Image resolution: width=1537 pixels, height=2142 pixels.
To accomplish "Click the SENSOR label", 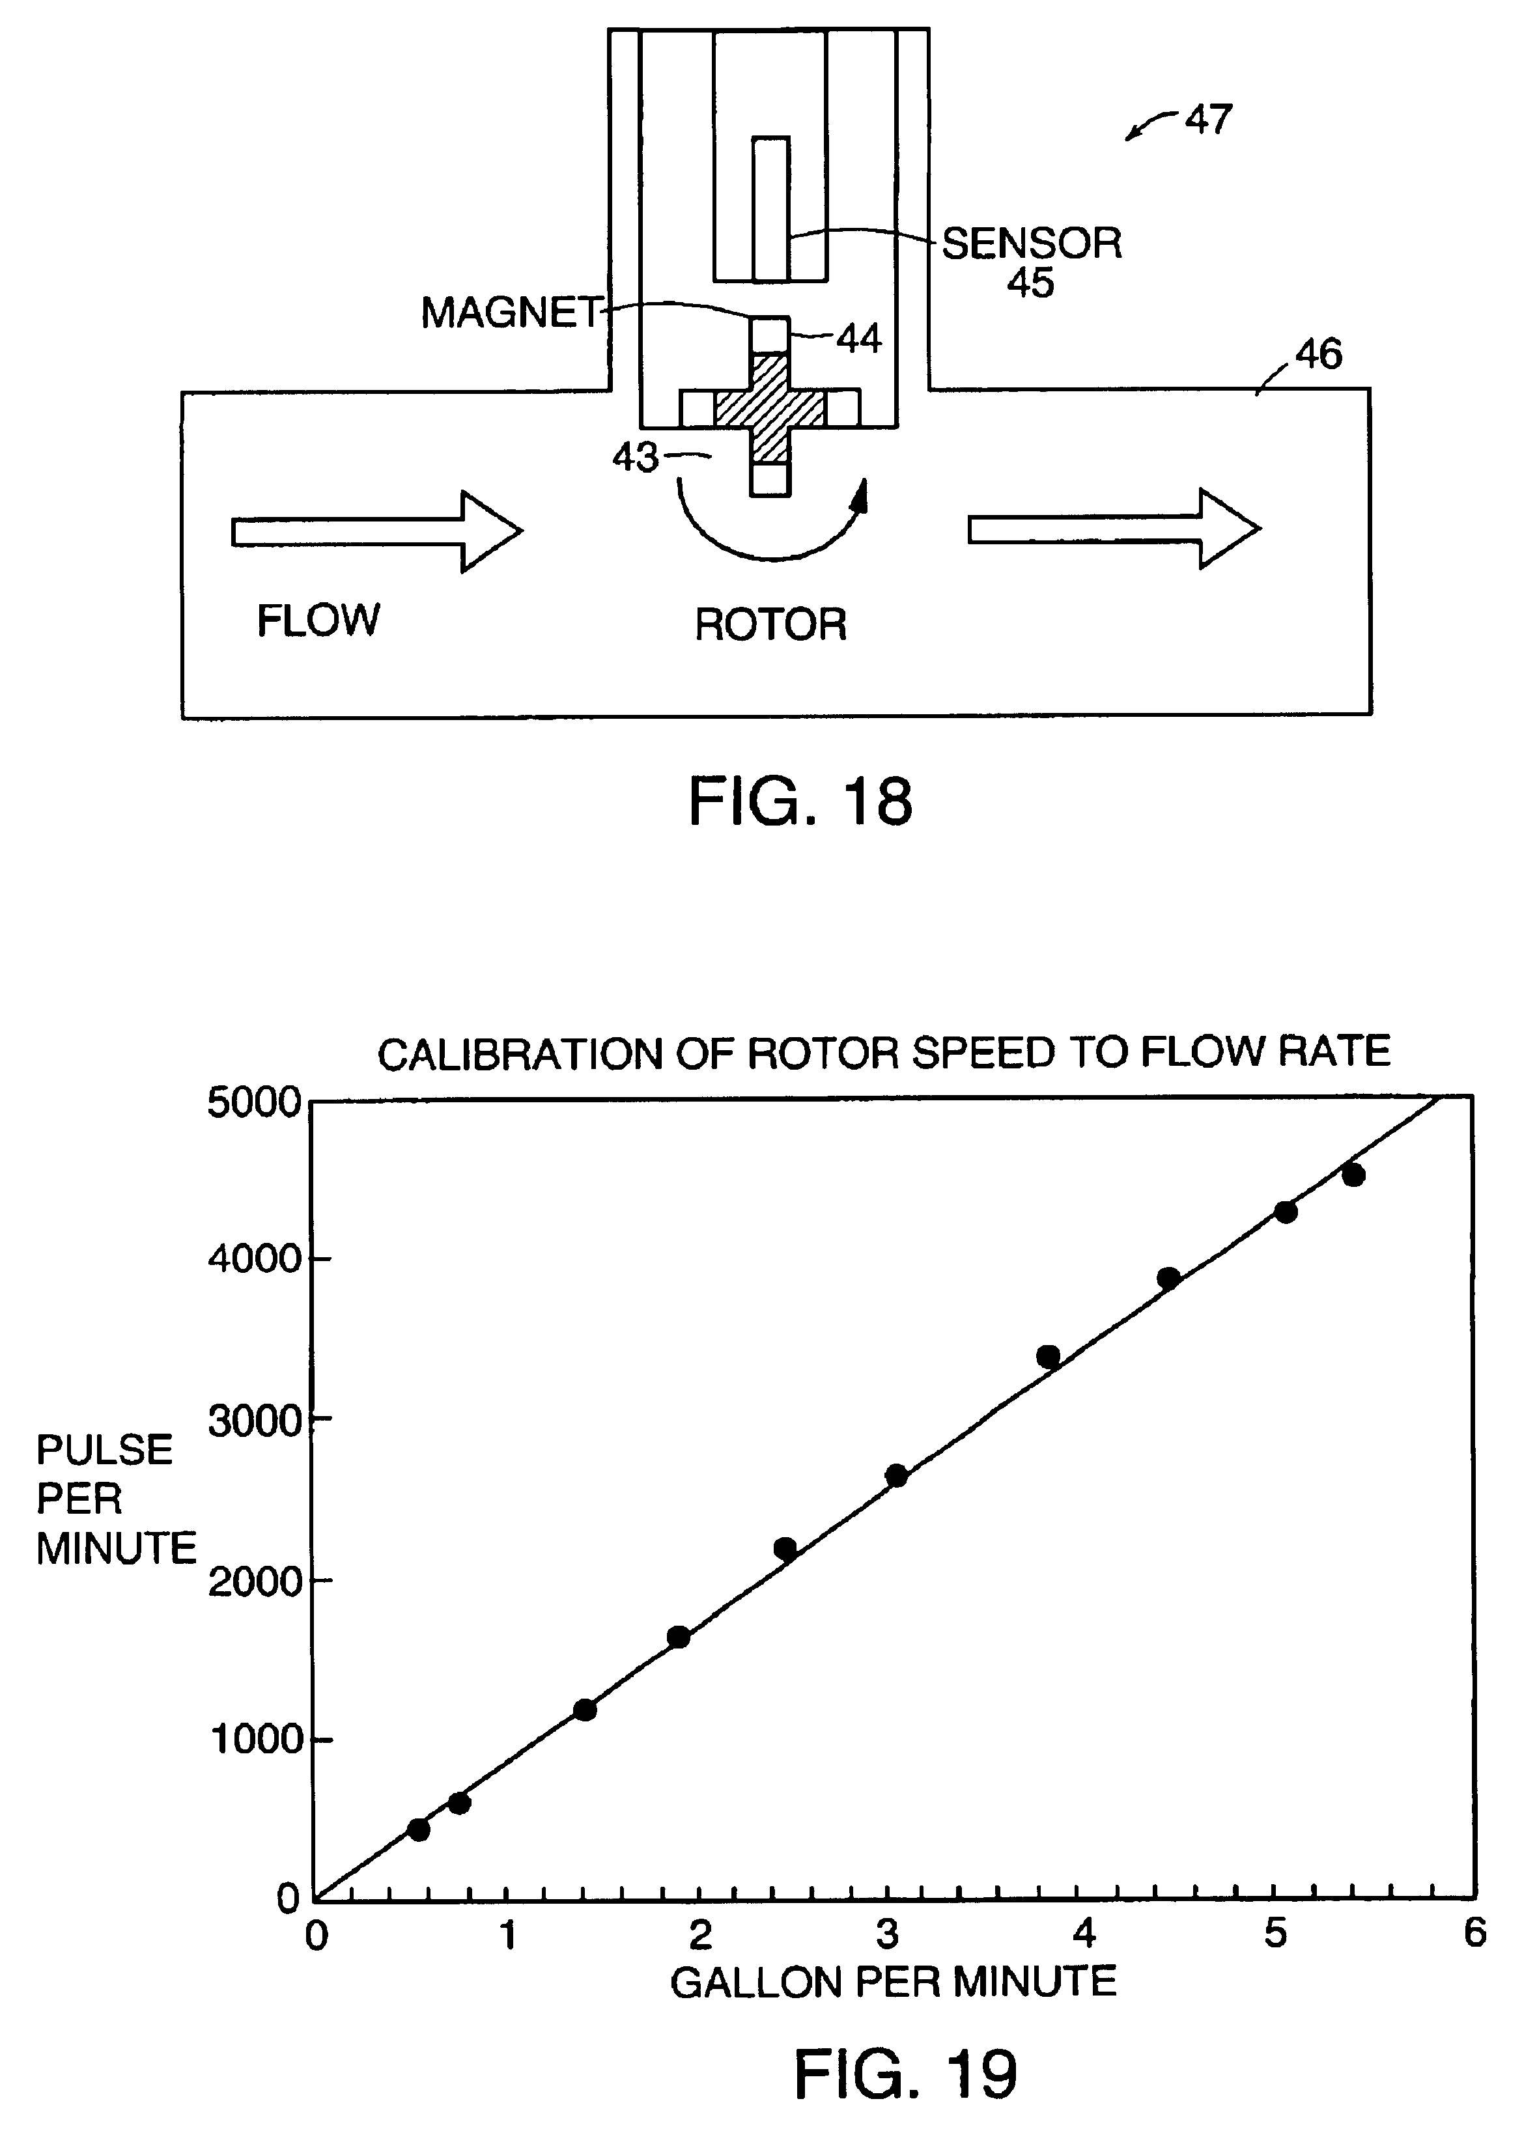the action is pyautogui.click(x=1032, y=243).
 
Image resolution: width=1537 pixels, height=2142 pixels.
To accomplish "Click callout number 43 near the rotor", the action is pyautogui.click(x=635, y=458).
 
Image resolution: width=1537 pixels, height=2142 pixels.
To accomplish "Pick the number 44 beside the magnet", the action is pyautogui.click(x=859, y=338).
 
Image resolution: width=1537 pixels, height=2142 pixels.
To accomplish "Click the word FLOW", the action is pyautogui.click(x=318, y=620).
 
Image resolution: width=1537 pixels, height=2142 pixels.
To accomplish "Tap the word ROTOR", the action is pyautogui.click(x=771, y=624).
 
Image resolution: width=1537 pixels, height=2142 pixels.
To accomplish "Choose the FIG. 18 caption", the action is pyautogui.click(x=800, y=801).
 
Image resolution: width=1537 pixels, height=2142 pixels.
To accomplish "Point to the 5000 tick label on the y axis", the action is pyautogui.click(x=253, y=1102).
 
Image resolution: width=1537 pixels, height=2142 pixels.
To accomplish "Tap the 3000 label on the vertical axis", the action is pyautogui.click(x=253, y=1421).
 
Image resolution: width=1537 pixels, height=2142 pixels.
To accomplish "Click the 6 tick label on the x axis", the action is pyautogui.click(x=1474, y=1932).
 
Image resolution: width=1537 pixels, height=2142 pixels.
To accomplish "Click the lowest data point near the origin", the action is pyautogui.click(x=419, y=1829).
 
